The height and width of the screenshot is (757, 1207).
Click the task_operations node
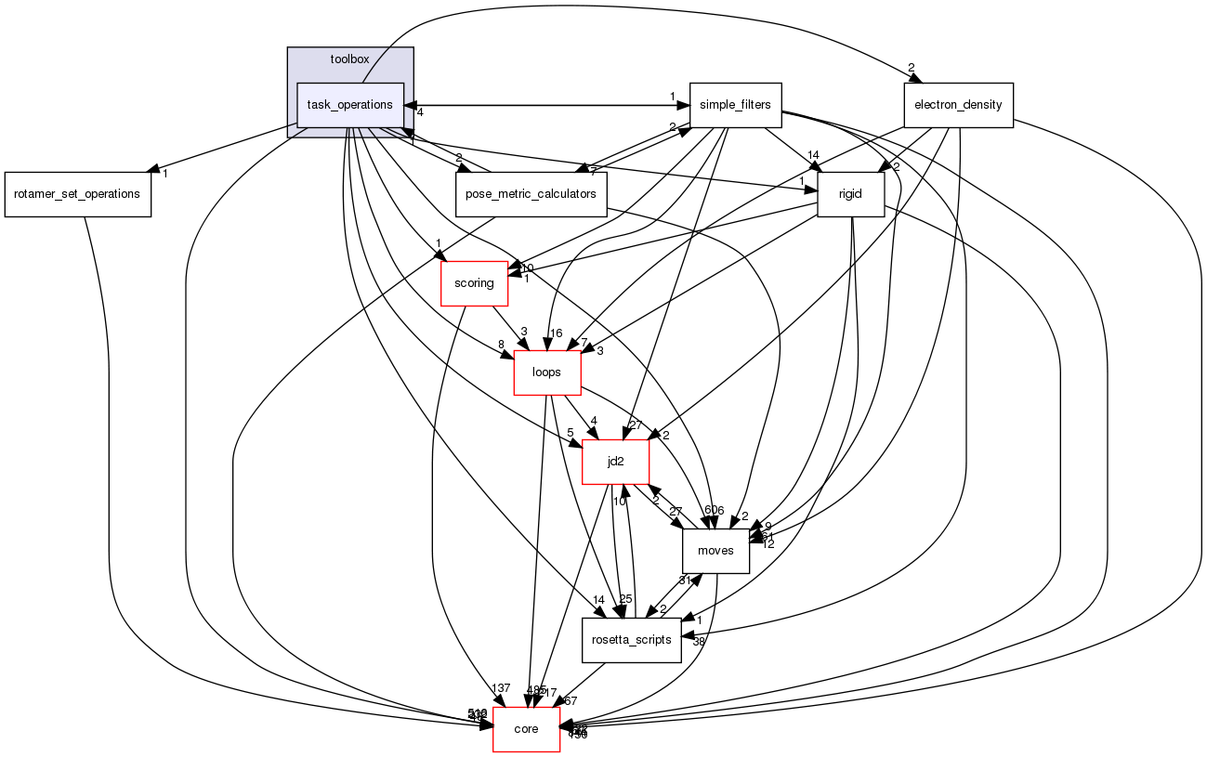(x=349, y=105)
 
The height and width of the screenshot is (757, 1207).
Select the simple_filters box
(x=735, y=105)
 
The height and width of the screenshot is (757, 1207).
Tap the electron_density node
(x=957, y=105)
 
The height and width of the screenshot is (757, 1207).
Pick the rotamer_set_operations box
(x=77, y=194)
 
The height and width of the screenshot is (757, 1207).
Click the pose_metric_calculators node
(x=531, y=194)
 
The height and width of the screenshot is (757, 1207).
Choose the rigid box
(x=850, y=194)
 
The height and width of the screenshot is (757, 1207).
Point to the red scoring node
(x=474, y=283)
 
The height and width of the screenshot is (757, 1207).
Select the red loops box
(x=547, y=372)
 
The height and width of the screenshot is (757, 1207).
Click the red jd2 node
(x=614, y=462)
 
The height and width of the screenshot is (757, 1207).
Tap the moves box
(x=715, y=551)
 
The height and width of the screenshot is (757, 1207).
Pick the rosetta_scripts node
(x=632, y=640)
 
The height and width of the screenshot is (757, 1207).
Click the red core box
(x=526, y=729)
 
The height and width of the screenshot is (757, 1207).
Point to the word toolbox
(x=349, y=59)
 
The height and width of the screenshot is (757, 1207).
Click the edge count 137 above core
(x=501, y=688)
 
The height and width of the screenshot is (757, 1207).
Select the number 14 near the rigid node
(x=814, y=155)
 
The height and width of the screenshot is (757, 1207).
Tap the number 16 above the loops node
(x=556, y=333)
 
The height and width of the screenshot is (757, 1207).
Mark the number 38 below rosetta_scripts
(x=699, y=642)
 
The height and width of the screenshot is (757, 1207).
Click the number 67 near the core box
(x=570, y=700)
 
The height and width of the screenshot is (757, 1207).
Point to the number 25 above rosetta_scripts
(x=625, y=599)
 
